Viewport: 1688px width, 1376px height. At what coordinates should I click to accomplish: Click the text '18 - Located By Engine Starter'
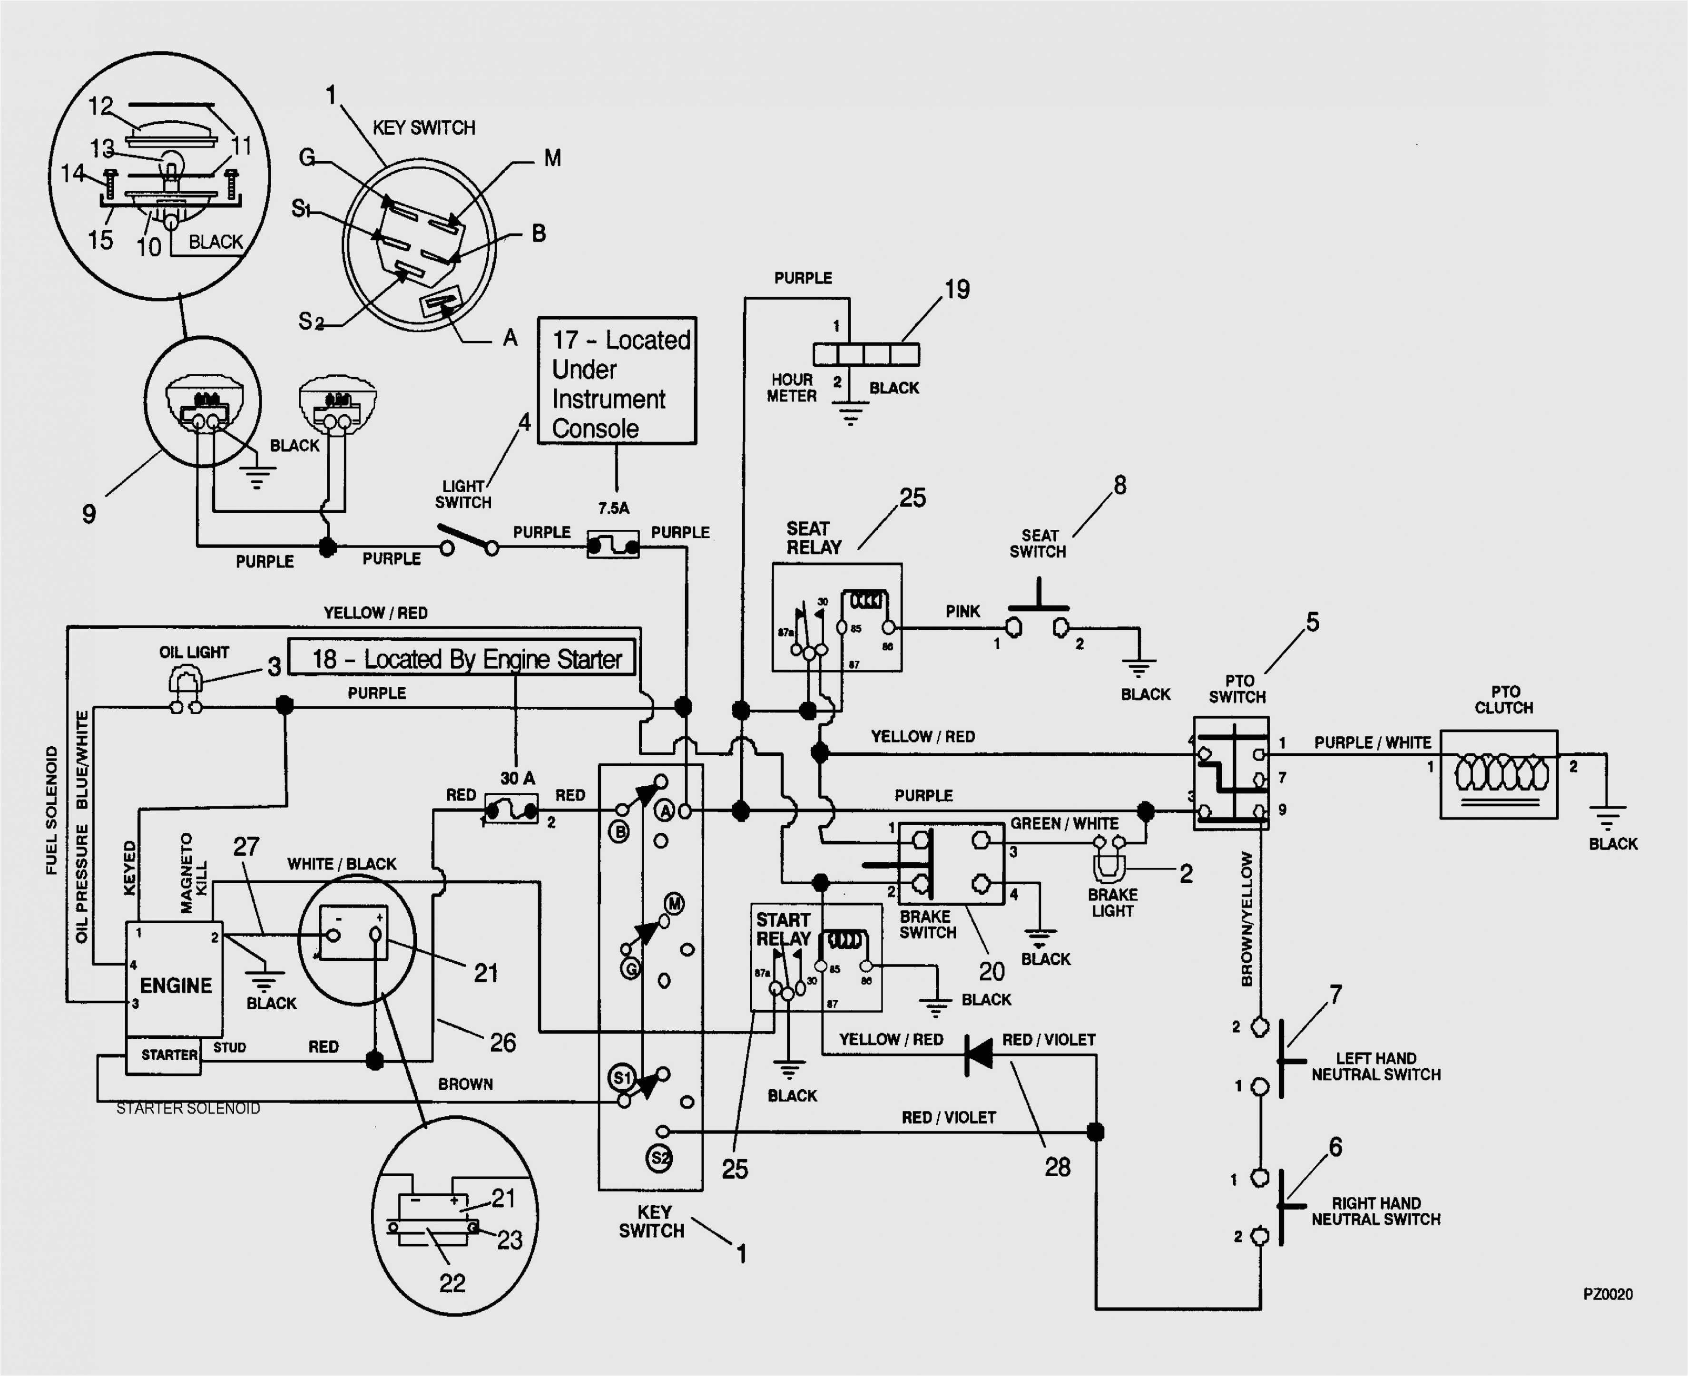point(466,659)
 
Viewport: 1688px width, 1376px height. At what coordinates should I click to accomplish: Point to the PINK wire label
point(962,611)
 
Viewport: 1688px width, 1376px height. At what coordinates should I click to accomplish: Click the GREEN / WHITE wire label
point(1064,823)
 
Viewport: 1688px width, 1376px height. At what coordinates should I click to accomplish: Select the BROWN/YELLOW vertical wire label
point(1247,919)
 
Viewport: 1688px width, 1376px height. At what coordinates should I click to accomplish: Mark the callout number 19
point(957,289)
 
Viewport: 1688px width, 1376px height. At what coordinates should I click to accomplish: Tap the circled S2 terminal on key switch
point(660,1158)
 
